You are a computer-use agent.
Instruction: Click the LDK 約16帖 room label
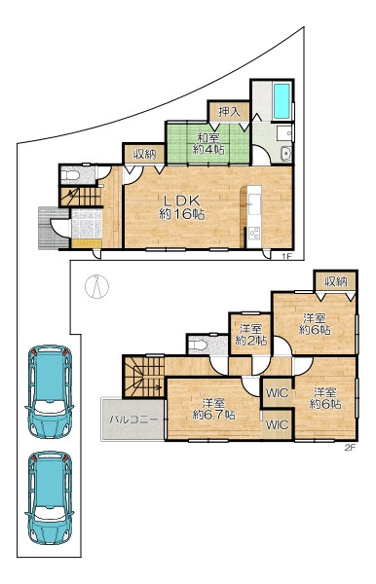(x=181, y=207)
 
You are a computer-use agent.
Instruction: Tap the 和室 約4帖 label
(x=207, y=144)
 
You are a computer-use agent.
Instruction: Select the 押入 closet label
(x=229, y=111)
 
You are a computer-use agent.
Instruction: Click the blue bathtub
(x=282, y=100)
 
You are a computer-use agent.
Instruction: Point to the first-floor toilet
(x=71, y=175)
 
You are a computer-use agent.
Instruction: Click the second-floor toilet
(x=198, y=346)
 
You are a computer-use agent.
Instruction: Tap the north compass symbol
(x=96, y=286)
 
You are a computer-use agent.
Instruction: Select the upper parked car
(x=50, y=391)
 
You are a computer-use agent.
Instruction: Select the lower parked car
(x=50, y=497)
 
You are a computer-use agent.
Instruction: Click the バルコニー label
(x=133, y=420)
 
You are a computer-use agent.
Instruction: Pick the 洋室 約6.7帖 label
(x=213, y=409)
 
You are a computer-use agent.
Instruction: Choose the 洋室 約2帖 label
(x=250, y=335)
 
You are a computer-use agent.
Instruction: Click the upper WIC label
(x=277, y=392)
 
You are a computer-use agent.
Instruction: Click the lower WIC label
(x=277, y=424)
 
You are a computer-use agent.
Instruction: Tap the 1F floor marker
(x=285, y=256)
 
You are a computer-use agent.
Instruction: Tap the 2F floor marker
(x=350, y=448)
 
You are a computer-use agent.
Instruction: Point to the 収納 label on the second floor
(x=335, y=281)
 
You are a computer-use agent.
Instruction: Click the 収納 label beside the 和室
(x=144, y=154)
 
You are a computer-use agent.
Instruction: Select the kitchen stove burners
(x=255, y=234)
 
